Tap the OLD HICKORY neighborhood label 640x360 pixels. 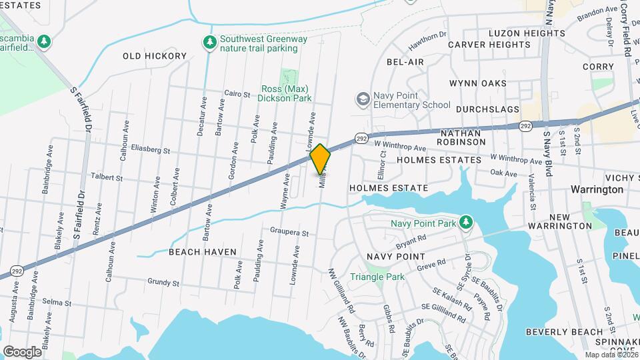click(155, 56)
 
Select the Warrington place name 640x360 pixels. click(597, 189)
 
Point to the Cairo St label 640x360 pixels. click(237, 94)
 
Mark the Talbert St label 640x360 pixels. click(107, 178)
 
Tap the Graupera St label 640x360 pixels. click(289, 234)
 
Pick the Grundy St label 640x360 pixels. click(164, 283)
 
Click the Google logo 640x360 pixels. click(22, 351)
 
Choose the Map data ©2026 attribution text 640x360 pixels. click(611, 354)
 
